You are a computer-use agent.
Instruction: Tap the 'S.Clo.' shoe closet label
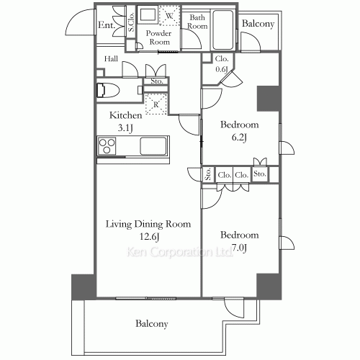click(132, 25)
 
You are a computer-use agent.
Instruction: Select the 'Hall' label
click(111, 59)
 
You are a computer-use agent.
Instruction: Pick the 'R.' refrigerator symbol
click(157, 104)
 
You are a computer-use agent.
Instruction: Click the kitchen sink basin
click(154, 146)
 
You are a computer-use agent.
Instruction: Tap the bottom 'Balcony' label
click(151, 324)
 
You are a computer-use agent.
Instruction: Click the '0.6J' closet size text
click(222, 69)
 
